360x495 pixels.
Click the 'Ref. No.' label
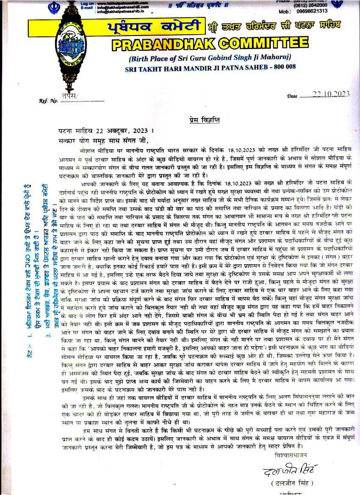pos(48,101)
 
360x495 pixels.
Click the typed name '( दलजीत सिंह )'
pos(294,483)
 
